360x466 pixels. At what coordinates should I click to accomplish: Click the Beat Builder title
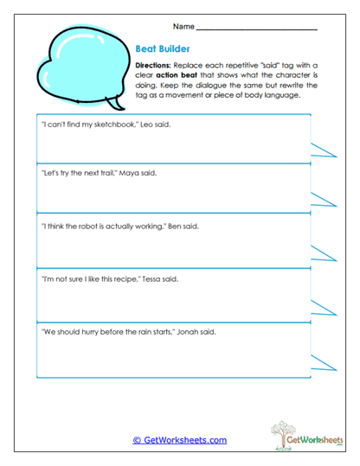tap(160, 49)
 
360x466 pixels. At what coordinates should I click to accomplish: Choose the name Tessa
tap(152, 279)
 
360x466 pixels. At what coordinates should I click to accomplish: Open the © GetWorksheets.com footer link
tap(179, 440)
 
